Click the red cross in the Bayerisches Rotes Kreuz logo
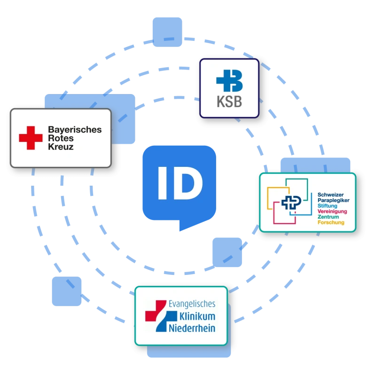click(31, 138)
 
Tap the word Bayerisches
click(75, 129)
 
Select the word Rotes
click(60, 138)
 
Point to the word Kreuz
click(61, 147)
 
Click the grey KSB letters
click(229, 102)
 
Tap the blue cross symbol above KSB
click(229, 80)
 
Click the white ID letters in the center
click(180, 183)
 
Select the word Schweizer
click(330, 194)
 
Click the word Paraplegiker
click(333, 200)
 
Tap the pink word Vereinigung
click(332, 211)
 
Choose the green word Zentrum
click(328, 217)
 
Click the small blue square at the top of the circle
click(166, 31)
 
